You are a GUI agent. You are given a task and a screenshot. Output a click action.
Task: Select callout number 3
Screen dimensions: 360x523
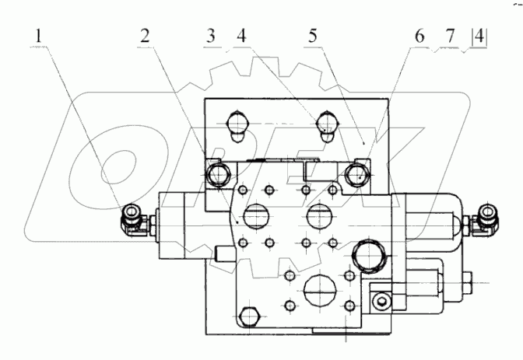[x=209, y=36]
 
